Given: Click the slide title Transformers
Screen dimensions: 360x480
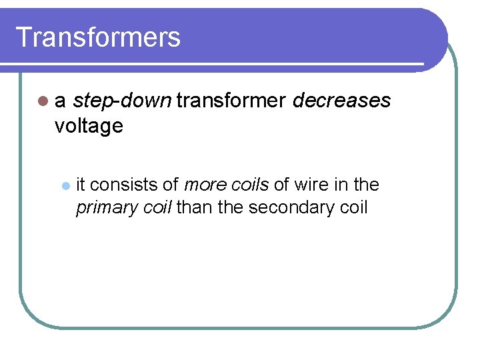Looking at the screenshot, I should pos(98,37).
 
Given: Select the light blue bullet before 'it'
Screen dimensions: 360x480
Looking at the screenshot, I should pos(65,185).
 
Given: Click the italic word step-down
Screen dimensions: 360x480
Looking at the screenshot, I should pos(122,101).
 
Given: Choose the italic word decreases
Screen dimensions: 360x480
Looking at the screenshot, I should pos(341,101).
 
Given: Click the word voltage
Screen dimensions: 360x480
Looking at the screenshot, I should pos(89,126).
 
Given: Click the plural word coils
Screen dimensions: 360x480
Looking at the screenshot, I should pos(249,184).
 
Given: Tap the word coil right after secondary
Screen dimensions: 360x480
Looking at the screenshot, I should pos(353,207).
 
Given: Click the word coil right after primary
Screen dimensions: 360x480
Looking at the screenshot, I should pos(156,207).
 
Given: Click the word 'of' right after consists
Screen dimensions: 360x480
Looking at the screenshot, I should pos(170,184).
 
